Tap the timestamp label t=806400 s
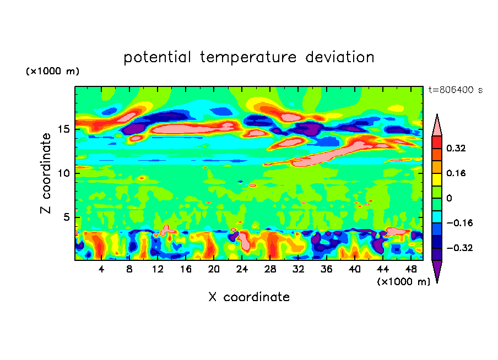tap(455, 90)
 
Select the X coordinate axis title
tap(249, 297)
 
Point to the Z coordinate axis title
tap(46, 173)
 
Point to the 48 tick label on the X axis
tap(411, 269)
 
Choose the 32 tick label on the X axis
tap(299, 269)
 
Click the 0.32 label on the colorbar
tap(457, 148)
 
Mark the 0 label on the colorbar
tap(449, 198)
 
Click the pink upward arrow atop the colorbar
tap(437, 126)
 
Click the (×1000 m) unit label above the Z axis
tap(53, 72)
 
